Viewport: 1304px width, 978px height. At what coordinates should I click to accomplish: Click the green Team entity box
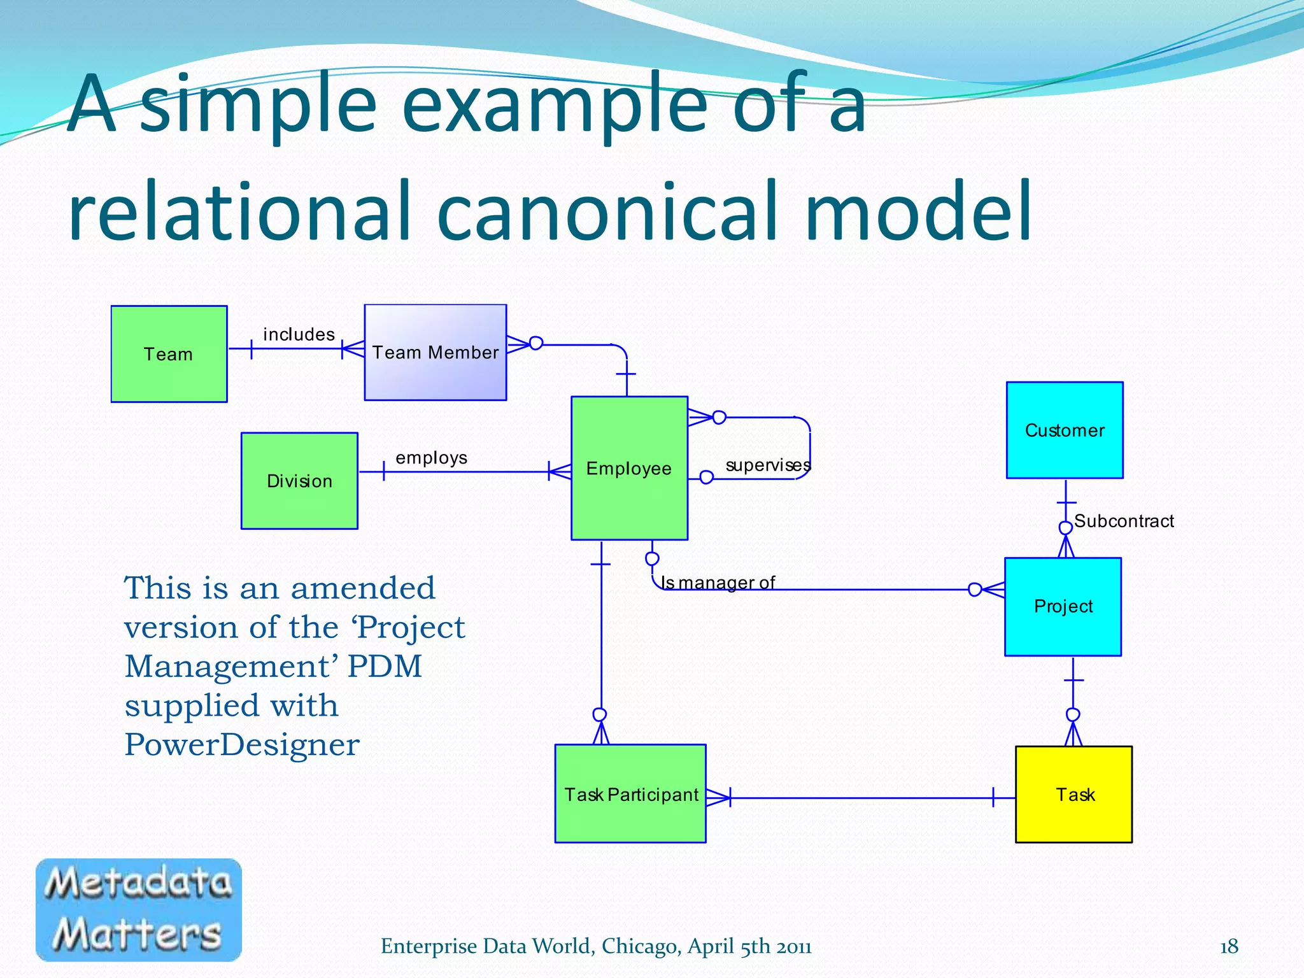pyautogui.click(x=169, y=354)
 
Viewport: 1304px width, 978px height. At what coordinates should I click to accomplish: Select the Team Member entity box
pyautogui.click(x=435, y=352)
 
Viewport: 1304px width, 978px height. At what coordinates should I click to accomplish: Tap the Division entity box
pyautogui.click(x=299, y=481)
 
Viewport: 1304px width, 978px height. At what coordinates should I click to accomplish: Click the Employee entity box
pyautogui.click(x=629, y=469)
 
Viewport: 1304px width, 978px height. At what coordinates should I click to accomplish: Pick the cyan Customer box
pyautogui.click(x=1065, y=430)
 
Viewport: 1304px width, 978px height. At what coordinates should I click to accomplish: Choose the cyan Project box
pyautogui.click(x=1063, y=606)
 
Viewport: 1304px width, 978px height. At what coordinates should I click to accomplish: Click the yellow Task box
pyautogui.click(x=1074, y=794)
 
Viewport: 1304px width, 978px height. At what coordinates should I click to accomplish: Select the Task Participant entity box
pyautogui.click(x=630, y=794)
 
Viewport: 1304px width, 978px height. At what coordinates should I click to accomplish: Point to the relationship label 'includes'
pyautogui.click(x=299, y=334)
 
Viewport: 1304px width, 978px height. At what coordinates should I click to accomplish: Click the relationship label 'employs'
pyautogui.click(x=431, y=458)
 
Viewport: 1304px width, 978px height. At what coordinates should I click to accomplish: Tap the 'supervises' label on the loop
pyautogui.click(x=767, y=465)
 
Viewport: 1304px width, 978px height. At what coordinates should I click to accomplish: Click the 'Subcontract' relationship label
pyautogui.click(x=1124, y=521)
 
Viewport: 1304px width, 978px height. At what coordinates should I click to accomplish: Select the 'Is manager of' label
pyautogui.click(x=718, y=582)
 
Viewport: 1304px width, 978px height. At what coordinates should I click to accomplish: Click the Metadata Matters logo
pyautogui.click(x=139, y=909)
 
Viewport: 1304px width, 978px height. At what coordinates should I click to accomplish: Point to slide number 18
pyautogui.click(x=1228, y=946)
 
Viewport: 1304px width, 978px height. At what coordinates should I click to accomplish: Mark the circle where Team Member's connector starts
pyautogui.click(x=536, y=343)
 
